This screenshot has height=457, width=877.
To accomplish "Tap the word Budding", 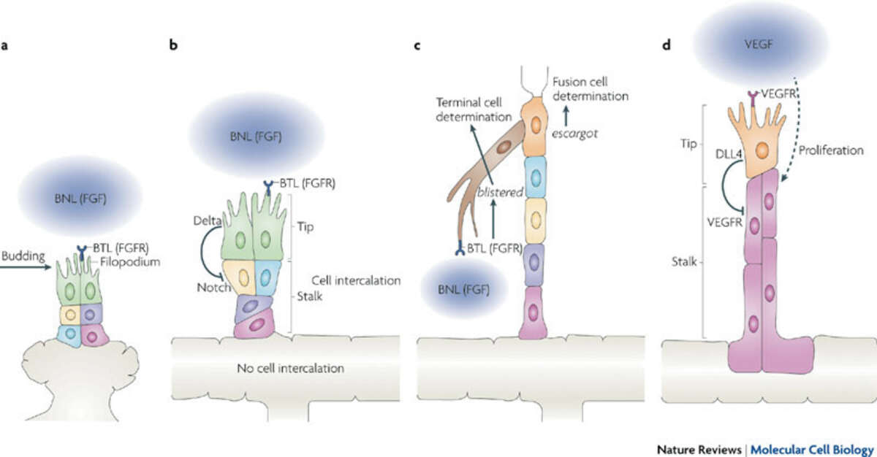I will pyautogui.click(x=22, y=258).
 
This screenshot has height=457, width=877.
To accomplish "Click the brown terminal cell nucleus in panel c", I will pyautogui.click(x=504, y=147).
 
